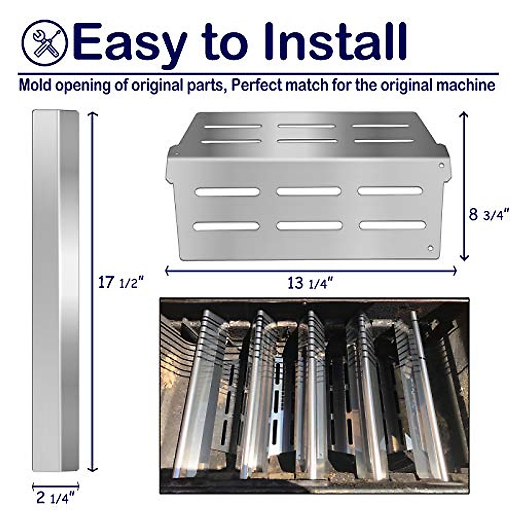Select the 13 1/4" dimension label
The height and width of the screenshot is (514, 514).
pos(310,283)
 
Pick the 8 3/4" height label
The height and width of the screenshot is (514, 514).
pos(488,214)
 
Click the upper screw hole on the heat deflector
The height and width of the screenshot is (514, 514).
pos(441,165)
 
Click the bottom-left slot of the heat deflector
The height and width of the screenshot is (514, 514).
pos(226,226)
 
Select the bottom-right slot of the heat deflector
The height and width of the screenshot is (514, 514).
pos(392,225)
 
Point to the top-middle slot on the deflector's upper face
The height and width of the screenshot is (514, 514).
pos(307,126)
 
